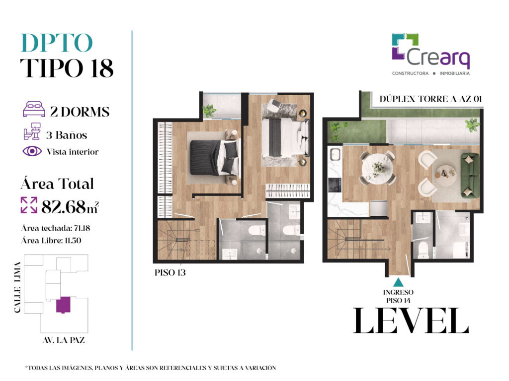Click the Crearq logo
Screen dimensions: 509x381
tap(431, 55)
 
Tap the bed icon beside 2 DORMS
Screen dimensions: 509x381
tap(34, 109)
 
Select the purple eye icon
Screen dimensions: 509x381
tap(32, 151)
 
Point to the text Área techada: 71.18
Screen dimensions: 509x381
tap(56, 228)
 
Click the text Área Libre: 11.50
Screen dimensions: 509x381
tap(51, 241)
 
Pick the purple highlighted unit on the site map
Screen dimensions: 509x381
tap(63, 305)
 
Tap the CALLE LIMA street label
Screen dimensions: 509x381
tap(17, 287)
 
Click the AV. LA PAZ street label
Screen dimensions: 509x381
tap(64, 340)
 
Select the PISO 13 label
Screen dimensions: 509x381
tap(170, 273)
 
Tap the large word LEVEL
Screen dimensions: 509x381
tap(411, 320)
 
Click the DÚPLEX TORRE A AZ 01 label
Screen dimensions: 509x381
tap(430, 99)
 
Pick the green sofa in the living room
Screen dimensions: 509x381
tap(470, 175)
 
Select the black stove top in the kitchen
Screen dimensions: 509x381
tap(335, 185)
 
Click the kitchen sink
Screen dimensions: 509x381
tap(335, 154)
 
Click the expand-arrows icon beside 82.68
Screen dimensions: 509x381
tap(29, 205)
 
